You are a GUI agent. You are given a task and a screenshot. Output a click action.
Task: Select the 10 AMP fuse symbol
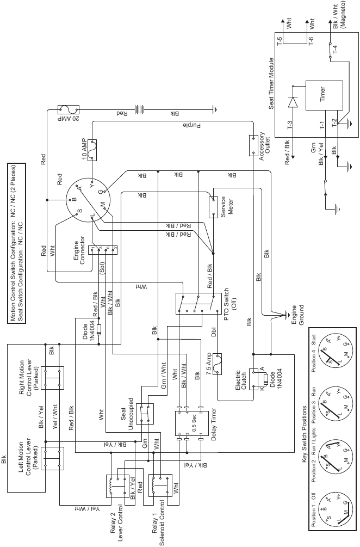pyautogui.click(x=95, y=149)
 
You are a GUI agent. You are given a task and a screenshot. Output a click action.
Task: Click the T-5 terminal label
pyautogui.click(x=280, y=41)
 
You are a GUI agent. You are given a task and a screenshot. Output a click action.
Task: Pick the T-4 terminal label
pyautogui.click(x=335, y=50)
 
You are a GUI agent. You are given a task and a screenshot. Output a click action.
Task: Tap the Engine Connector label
pyautogui.click(x=80, y=249)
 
